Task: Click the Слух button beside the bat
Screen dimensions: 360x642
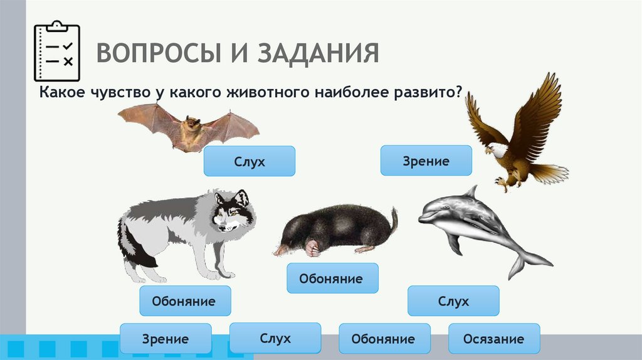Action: pyautogui.click(x=249, y=161)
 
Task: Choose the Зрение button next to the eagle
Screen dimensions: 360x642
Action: pyautogui.click(x=426, y=161)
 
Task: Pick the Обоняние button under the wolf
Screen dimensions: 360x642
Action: pyautogui.click(x=185, y=301)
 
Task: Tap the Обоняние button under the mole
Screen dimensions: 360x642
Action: pyautogui.click(x=332, y=278)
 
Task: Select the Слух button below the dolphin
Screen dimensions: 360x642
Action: pyautogui.click(x=453, y=301)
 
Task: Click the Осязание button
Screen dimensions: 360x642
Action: pyautogui.click(x=494, y=339)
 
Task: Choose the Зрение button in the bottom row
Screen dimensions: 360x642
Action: pyautogui.click(x=165, y=339)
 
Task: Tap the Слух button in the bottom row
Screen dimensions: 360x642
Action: pyautogui.click(x=275, y=338)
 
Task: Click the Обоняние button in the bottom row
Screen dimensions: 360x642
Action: pyautogui.click(x=384, y=339)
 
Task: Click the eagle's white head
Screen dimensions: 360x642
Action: pyautogui.click(x=495, y=151)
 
